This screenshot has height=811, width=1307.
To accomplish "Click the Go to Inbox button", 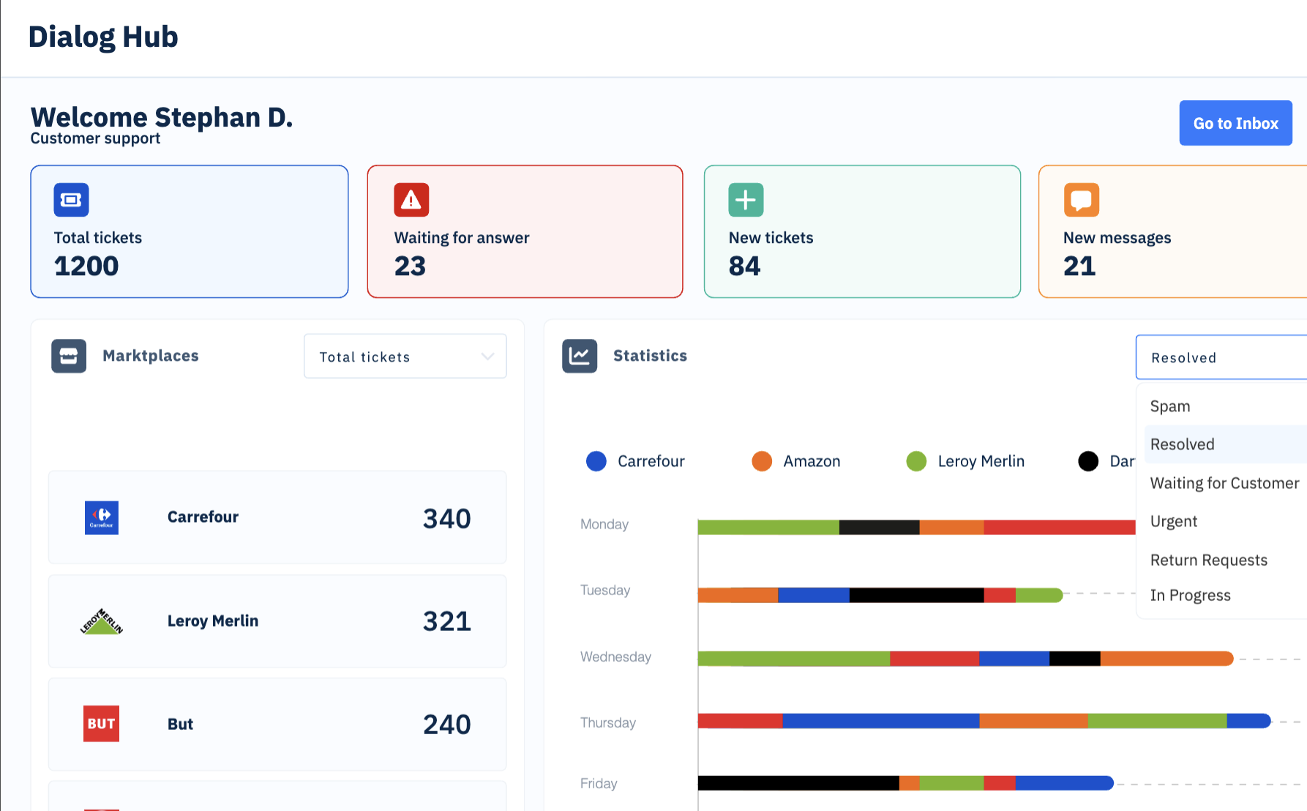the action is [x=1235, y=123].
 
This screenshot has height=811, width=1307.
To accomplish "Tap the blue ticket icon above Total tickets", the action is [x=71, y=200].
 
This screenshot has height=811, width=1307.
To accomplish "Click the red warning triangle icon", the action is [x=411, y=200].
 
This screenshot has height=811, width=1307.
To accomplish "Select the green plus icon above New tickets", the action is [x=746, y=200].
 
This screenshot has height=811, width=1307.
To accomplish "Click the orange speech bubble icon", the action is [x=1081, y=200].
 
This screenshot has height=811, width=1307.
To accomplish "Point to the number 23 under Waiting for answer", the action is [x=410, y=266].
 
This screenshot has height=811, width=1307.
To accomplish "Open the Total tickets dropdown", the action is [x=405, y=356].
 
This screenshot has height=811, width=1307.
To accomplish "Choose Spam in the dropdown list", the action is [x=1169, y=406].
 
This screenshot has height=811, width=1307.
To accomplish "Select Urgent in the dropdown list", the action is [x=1173, y=521].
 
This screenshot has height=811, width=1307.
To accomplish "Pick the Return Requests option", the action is [x=1208, y=560].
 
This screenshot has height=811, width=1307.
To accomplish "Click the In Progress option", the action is [x=1190, y=595].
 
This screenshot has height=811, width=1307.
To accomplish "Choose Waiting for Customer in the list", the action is [x=1224, y=483].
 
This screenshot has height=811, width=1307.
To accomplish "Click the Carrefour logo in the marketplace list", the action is [x=102, y=517].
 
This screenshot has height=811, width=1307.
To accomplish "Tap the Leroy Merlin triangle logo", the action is [x=102, y=621].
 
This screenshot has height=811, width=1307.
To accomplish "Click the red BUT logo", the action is [x=101, y=724].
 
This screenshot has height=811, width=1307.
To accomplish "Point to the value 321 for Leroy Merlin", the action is [x=446, y=621].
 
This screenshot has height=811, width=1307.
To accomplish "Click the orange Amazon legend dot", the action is [x=762, y=461].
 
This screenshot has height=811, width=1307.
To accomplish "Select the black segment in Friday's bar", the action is [x=798, y=783].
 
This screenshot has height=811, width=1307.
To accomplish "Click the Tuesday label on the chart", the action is [x=605, y=590].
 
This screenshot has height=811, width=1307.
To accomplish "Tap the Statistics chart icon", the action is [x=580, y=356].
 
